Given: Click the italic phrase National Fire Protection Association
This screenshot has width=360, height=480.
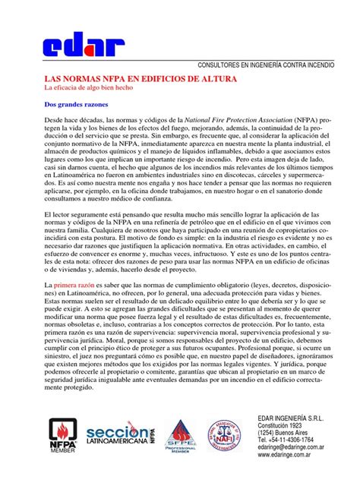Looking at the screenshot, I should click(238, 122).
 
